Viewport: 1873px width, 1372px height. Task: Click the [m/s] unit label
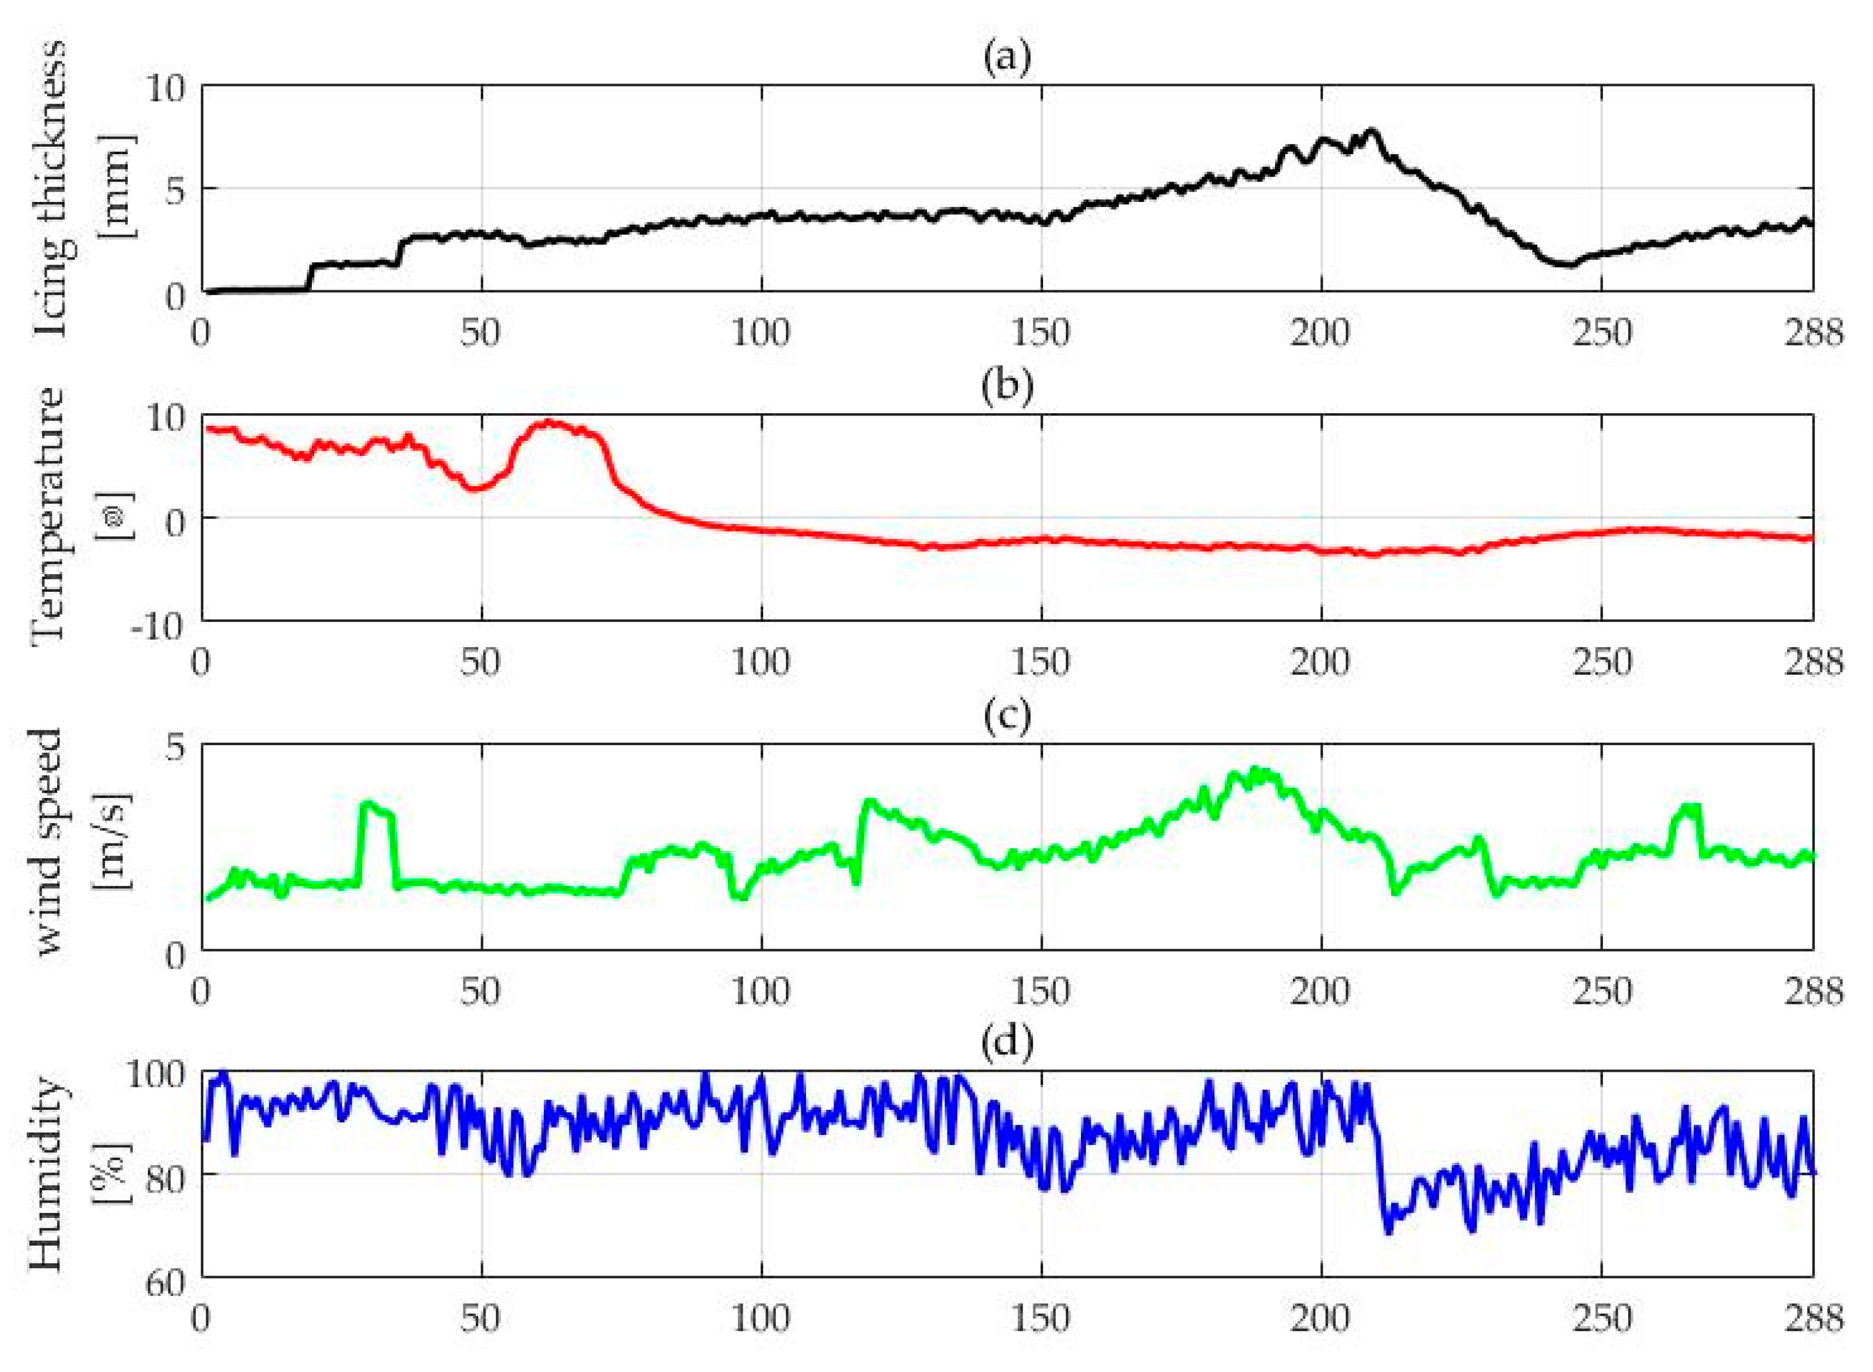pos(112,842)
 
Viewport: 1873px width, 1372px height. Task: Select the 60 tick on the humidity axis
pos(164,1283)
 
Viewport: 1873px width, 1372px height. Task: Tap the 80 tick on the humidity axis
pos(164,1179)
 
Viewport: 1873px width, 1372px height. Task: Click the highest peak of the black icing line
pos(1371,130)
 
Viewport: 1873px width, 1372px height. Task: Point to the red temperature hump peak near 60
pos(549,422)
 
